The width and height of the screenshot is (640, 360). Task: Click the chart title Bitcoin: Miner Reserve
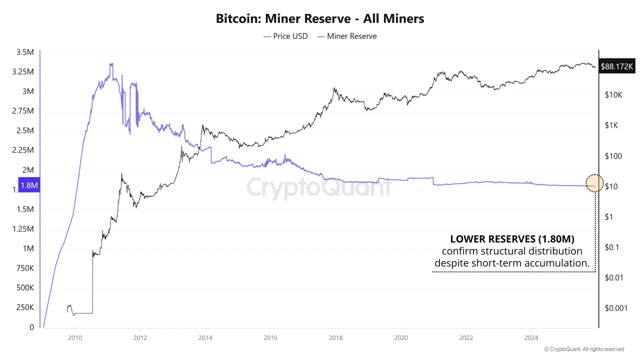[320, 19]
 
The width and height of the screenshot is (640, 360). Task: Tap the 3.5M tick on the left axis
[25, 52]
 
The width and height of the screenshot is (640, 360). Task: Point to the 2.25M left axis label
[23, 150]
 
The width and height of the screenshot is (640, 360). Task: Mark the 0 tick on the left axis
[31, 327]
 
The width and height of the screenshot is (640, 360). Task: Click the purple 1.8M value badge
[29, 185]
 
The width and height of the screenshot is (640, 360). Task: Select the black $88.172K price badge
[617, 66]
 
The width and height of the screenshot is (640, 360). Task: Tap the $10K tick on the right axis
[613, 94]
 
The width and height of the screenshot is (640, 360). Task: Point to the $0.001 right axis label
[615, 308]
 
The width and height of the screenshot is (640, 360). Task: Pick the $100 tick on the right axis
[612, 156]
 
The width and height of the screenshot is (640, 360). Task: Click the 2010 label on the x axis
[75, 337]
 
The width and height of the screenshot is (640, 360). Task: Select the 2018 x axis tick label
[335, 337]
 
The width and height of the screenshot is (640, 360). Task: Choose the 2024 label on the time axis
[531, 337]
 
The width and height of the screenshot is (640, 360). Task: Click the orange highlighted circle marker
[594, 183]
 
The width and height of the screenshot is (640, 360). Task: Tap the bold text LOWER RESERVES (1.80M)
[512, 239]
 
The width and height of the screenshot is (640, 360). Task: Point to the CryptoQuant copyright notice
[584, 349]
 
